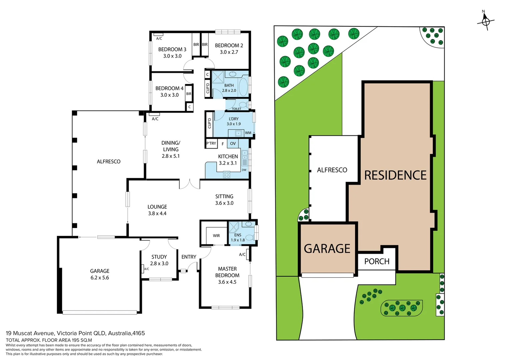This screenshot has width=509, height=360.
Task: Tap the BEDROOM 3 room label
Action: [172, 49]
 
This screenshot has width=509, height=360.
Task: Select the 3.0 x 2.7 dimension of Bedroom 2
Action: [229, 52]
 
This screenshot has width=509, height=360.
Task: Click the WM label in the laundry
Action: [248, 133]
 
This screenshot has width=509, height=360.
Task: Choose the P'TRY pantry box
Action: [211, 144]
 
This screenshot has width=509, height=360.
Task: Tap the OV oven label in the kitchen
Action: [233, 144]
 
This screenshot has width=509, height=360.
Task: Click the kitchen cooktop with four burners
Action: [227, 174]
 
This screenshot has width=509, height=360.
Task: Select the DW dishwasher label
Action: [244, 170]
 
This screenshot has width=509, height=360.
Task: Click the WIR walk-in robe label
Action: [216, 236]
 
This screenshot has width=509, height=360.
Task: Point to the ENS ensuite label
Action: [238, 235]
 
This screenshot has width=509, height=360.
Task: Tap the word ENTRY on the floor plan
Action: [189, 257]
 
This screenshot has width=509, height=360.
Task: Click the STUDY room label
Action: [159, 257]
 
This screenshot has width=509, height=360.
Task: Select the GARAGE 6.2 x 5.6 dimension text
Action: [100, 278]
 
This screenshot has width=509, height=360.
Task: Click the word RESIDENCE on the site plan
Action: [395, 175]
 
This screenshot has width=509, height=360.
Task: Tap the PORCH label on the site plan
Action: [377, 261]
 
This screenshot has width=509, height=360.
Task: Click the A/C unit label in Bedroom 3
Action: [159, 39]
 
